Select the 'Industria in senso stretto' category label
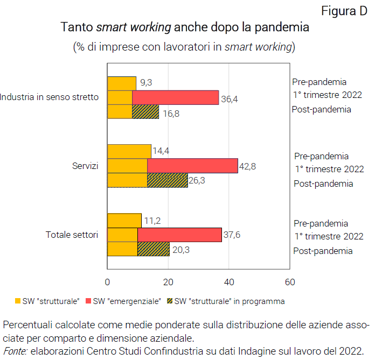pos(50,97)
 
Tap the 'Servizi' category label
pos(85,166)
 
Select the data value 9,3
pos(146,83)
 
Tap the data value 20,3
pos(179,249)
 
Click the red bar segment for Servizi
pos(192,166)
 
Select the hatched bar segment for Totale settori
pos(154,249)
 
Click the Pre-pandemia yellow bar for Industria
pos(122,83)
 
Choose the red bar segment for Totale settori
pos(179,235)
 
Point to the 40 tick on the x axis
pos(229,282)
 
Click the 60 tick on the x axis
pos(290,282)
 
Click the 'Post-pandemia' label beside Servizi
pos(323,183)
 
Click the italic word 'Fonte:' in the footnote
pos(15,351)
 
